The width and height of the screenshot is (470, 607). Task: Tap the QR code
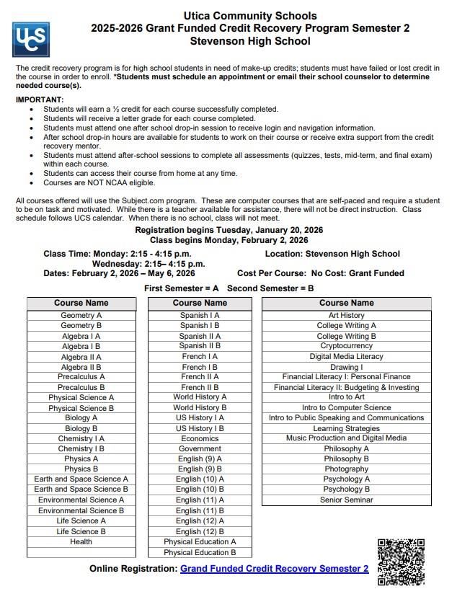401,562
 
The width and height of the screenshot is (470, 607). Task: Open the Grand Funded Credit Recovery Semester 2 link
274,569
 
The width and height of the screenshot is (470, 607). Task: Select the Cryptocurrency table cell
346,346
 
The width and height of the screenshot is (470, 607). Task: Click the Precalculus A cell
81,377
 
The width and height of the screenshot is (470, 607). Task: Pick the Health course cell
81,541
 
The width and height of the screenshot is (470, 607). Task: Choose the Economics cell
200,438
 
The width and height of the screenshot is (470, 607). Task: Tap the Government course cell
200,448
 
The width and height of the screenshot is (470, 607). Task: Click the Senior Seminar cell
346,500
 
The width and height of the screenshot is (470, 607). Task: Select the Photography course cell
346,469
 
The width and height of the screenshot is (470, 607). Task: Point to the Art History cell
346,315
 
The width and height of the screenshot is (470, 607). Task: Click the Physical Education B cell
200,552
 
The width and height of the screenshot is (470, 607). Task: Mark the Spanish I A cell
200,315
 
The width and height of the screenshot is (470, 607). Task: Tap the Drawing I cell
346,367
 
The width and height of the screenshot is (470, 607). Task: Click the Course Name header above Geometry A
81,303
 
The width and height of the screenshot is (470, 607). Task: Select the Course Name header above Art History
346,303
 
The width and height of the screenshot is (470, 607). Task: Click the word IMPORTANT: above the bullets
40,99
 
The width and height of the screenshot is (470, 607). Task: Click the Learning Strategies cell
346,428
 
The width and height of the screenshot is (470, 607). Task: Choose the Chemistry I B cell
81,448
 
